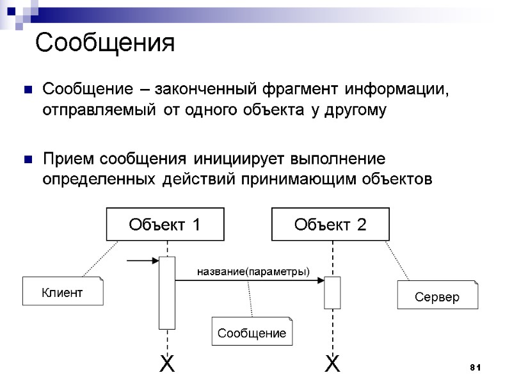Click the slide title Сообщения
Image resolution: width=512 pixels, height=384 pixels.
tap(105, 44)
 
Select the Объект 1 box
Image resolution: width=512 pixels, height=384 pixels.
tap(165, 225)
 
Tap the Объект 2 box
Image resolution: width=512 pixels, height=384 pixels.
tap(330, 225)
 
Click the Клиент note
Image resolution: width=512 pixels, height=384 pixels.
tap(62, 292)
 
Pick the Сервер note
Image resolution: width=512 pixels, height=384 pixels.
tap(437, 297)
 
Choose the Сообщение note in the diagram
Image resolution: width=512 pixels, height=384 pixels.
tap(252, 332)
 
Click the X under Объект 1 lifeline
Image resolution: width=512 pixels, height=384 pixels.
tap(166, 365)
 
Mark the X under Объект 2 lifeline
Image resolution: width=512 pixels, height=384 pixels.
tap(332, 365)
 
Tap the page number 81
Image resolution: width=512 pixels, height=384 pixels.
tap(474, 367)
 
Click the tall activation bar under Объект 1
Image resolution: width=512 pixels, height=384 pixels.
tap(167, 292)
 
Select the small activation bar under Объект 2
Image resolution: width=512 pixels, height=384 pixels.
tap(332, 292)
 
